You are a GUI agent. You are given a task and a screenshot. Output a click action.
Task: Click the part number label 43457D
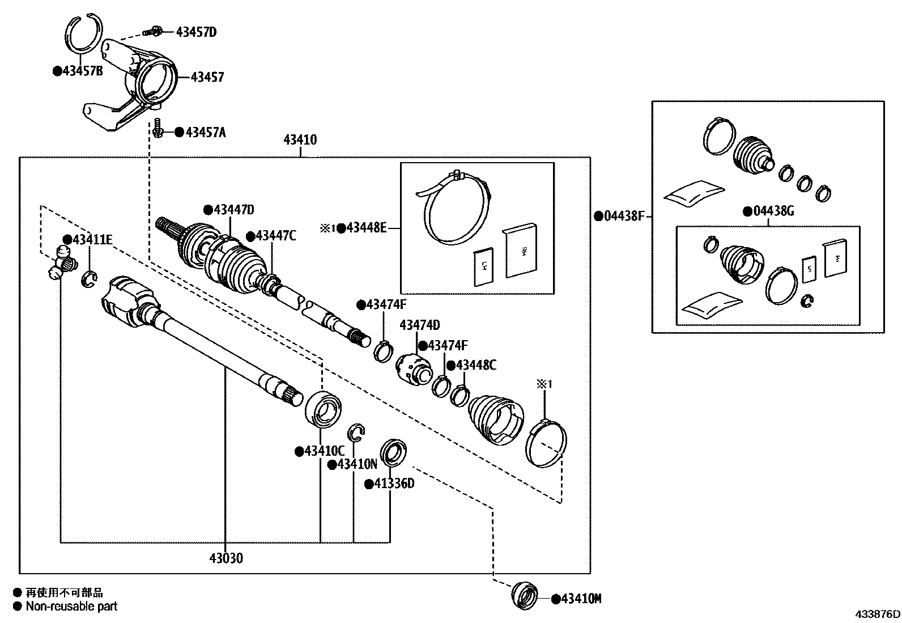(x=195, y=32)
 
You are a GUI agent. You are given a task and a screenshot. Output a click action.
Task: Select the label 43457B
(x=82, y=71)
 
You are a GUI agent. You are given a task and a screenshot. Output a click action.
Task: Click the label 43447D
(x=233, y=210)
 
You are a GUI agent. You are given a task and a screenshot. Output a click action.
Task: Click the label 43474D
(x=420, y=325)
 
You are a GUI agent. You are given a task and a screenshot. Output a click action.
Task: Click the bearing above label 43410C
(x=323, y=408)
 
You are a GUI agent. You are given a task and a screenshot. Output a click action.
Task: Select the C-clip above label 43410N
(x=356, y=432)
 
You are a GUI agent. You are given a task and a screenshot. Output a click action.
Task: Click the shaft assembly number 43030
(x=226, y=558)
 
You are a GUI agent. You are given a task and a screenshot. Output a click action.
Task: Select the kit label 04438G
(x=773, y=211)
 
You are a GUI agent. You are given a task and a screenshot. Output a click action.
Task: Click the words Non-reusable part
(x=71, y=606)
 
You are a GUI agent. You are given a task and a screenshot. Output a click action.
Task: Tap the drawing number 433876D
(x=878, y=614)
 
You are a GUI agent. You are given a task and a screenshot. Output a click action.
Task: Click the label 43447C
(x=275, y=236)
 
